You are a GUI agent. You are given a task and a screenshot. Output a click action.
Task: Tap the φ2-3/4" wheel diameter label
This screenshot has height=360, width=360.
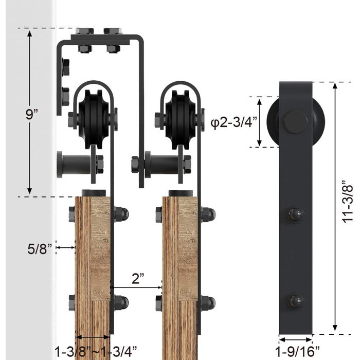(x=234, y=122)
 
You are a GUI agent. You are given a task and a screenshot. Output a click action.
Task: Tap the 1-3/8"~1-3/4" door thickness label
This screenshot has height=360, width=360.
(x=96, y=351)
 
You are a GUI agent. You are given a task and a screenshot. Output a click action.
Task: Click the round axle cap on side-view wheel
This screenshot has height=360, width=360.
(x=296, y=122)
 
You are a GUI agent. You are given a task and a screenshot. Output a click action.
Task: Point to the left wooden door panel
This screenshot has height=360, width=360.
(x=93, y=267)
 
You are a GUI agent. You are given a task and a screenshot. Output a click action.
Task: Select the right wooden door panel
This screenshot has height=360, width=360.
(x=179, y=267)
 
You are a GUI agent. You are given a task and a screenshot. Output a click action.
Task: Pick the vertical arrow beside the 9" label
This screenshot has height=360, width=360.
(x=30, y=113)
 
